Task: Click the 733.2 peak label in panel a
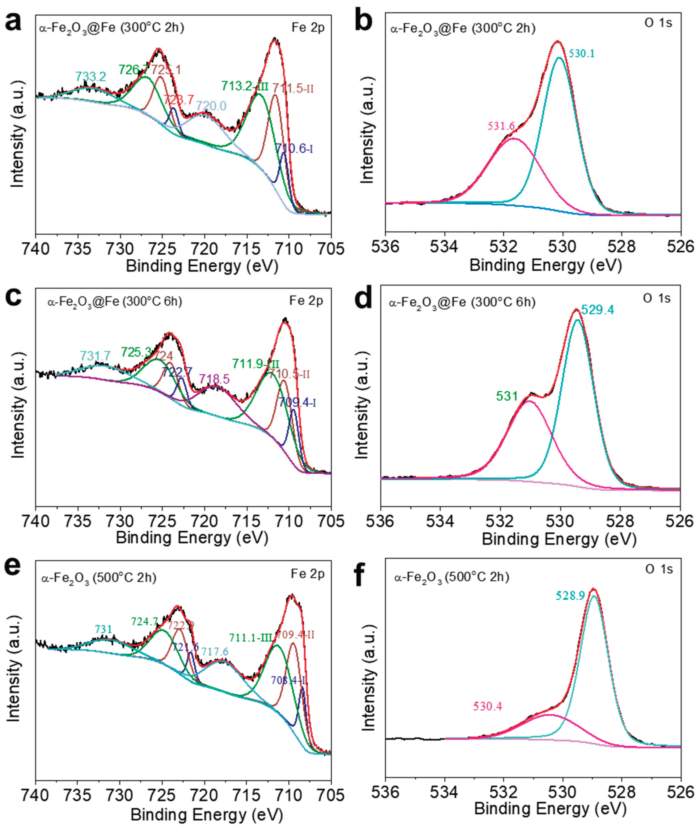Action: click(91, 77)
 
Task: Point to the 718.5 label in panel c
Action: click(214, 379)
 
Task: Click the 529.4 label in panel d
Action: click(598, 310)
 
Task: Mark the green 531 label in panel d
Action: click(507, 396)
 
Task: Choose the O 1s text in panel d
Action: click(656, 298)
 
